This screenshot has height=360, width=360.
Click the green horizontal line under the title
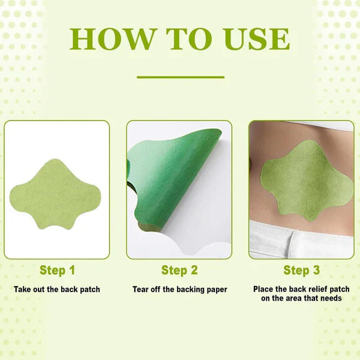(180, 77)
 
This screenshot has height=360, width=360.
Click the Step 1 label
(58, 270)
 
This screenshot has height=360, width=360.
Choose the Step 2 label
(179, 270)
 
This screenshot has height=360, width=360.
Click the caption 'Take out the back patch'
(57, 289)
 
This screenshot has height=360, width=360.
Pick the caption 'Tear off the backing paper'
(179, 289)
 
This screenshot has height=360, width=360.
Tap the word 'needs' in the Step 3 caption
(331, 298)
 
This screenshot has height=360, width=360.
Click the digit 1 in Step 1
(72, 270)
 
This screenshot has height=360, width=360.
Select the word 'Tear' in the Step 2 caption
(141, 289)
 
